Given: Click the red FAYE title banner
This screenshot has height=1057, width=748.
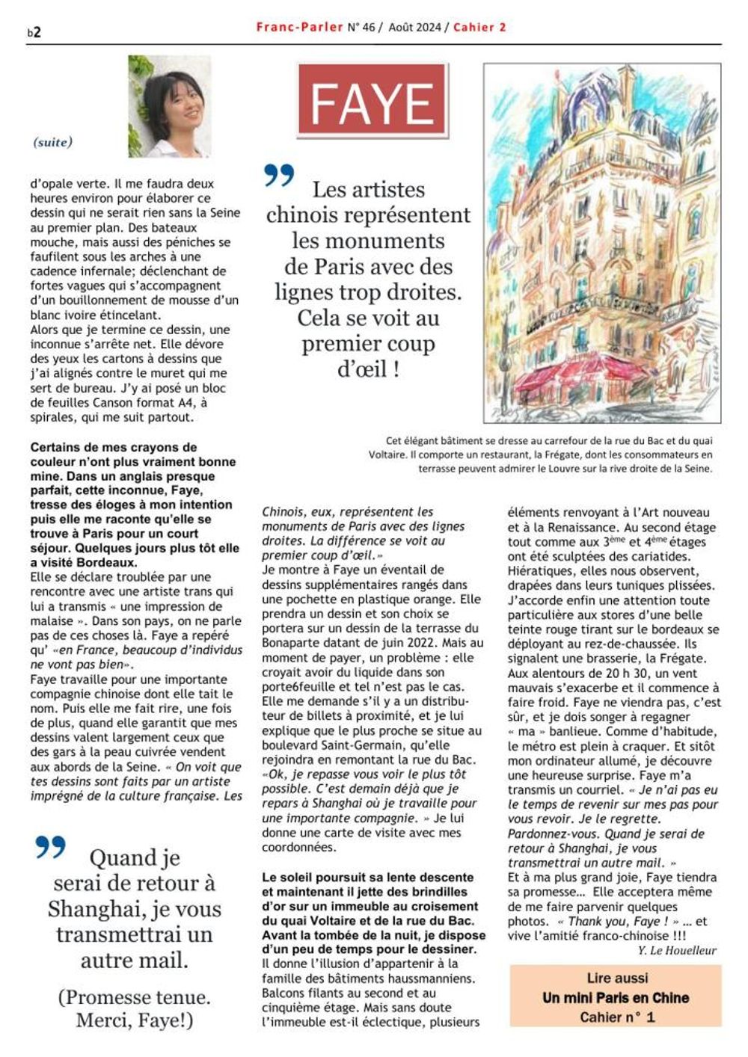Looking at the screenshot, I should point(372,102).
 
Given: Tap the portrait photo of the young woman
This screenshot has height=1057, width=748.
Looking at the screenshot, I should point(169,106).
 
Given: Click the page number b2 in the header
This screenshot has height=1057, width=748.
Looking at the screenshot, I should point(34,31).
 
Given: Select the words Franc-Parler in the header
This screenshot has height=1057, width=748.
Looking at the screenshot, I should point(298,27).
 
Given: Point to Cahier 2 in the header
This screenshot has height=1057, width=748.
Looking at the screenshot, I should point(479,27).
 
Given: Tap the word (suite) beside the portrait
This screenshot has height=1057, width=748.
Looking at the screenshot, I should point(53,142).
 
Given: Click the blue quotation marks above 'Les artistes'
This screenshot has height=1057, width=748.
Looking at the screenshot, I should point(280,176).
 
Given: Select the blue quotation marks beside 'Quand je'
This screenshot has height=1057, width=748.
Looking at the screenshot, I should point(50,847).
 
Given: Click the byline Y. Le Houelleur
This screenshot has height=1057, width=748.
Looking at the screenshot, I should point(677,950).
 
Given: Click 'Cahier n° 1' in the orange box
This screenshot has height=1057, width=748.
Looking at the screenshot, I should point(616,1017).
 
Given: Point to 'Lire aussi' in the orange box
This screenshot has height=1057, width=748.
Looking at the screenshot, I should point(617,978).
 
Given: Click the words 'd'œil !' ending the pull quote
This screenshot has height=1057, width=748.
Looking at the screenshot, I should point(368,369).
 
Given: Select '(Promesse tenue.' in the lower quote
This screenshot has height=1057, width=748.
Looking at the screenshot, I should point(134,996).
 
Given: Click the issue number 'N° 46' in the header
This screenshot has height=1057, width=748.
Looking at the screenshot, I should point(361,27).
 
